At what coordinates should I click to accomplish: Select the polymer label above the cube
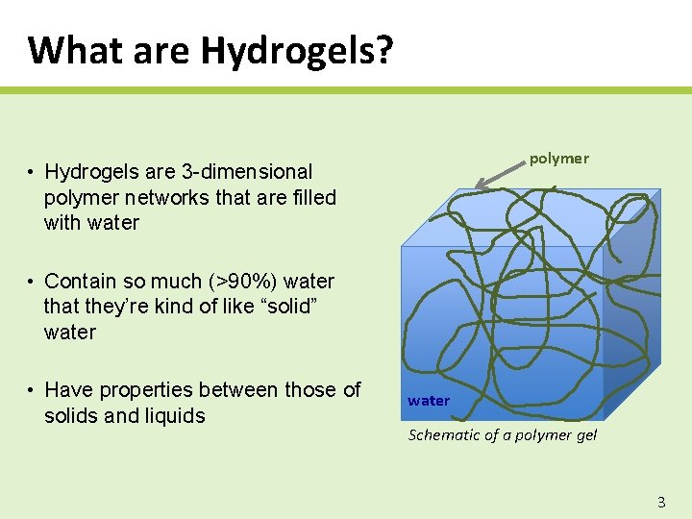point(558,159)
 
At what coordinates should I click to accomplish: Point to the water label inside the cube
point(428,401)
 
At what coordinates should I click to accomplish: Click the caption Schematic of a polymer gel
point(502,434)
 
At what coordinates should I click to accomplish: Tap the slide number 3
point(660,502)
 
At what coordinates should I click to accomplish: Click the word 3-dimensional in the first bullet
point(247,172)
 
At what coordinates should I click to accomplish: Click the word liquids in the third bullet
point(174,416)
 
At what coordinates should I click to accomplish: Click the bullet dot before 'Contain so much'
point(32,282)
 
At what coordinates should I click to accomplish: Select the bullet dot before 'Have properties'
point(32,390)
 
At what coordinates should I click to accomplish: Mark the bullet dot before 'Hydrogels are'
point(32,172)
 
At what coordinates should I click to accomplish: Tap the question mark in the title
point(383,50)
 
